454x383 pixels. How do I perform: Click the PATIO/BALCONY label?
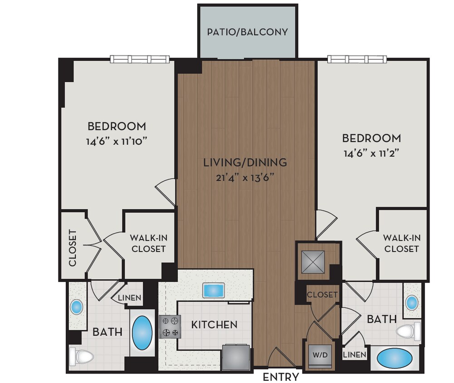248,32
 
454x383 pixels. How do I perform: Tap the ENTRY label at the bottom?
281,377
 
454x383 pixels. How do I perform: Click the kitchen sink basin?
213,290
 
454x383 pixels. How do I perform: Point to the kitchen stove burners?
170,327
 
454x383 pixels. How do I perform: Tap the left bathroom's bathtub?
142,332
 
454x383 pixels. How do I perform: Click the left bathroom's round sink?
76,307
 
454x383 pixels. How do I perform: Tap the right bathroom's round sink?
412,302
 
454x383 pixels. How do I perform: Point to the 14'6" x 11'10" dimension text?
117,141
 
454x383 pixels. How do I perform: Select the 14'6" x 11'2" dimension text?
371,153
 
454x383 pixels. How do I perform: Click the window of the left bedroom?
140,59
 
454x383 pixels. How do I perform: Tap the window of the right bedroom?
357,59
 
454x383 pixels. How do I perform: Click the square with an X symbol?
312,262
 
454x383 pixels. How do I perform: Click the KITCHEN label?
214,324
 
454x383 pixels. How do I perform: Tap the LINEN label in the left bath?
129,298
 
